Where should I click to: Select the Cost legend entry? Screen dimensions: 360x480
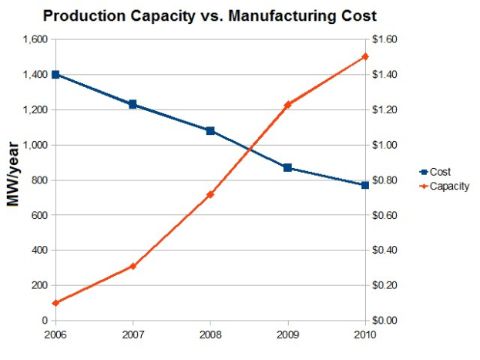(x=440, y=172)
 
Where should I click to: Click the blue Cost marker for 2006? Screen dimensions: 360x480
(x=56, y=75)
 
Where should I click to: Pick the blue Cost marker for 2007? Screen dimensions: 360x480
(x=133, y=104)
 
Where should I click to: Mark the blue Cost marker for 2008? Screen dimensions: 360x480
(x=210, y=131)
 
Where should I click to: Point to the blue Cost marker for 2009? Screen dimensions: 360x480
(x=287, y=167)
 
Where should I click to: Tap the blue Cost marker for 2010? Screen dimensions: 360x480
(x=365, y=185)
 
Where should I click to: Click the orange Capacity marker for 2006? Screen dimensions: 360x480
(x=56, y=303)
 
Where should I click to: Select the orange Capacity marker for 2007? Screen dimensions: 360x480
(x=133, y=266)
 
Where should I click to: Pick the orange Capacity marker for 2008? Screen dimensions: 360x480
(x=210, y=194)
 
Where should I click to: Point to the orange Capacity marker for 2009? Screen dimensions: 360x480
(x=287, y=104)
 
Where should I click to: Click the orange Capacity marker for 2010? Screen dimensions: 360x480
(x=365, y=57)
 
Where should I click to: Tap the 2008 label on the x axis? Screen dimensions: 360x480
(x=210, y=335)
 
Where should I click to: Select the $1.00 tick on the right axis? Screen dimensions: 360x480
(x=387, y=145)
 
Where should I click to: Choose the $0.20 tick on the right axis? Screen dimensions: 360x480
(x=387, y=285)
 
